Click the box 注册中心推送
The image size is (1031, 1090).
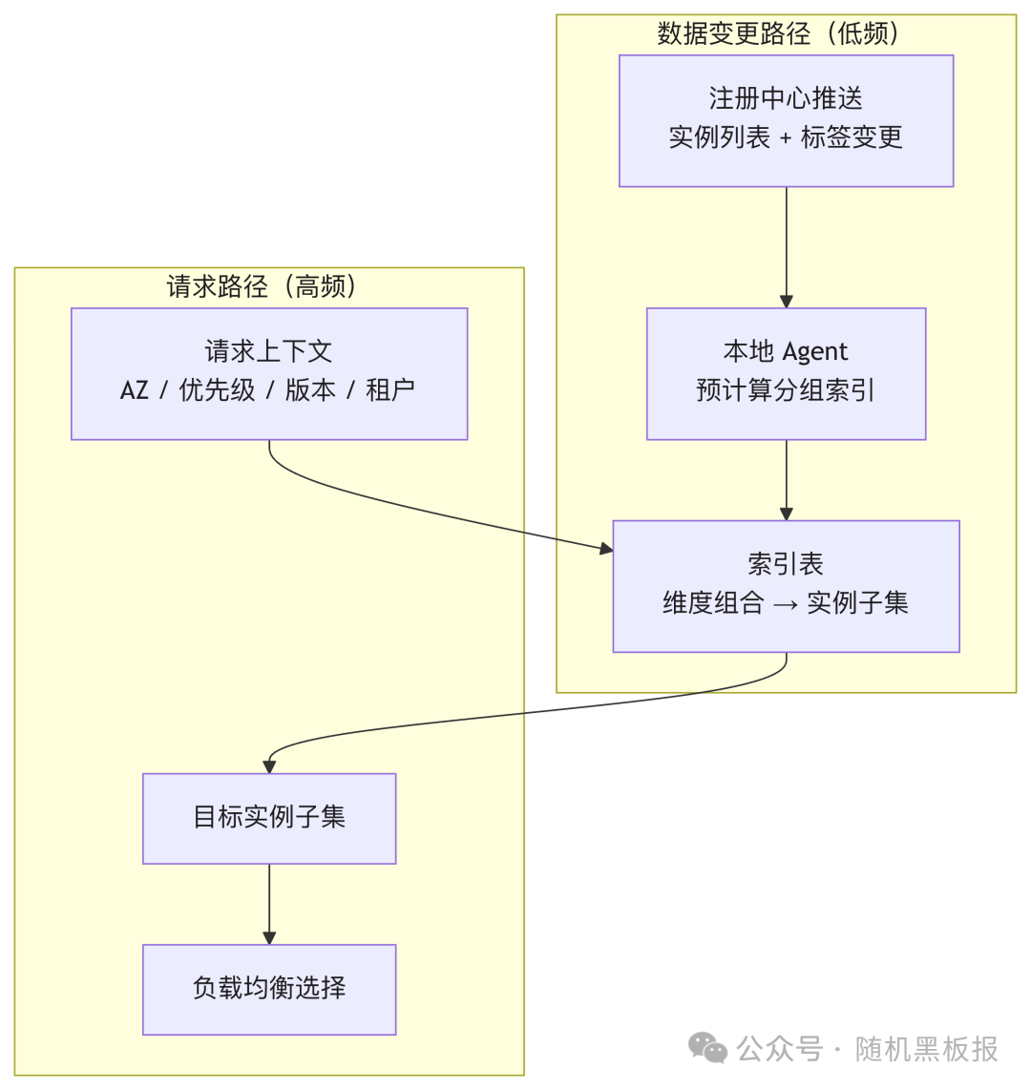tap(786, 120)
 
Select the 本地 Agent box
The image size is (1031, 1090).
tap(786, 373)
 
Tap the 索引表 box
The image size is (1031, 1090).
tap(786, 585)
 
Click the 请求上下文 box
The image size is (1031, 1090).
tap(269, 373)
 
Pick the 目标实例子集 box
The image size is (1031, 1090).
tap(269, 818)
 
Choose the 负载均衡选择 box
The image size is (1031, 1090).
tap(269, 989)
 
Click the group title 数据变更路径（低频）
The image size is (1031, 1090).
tap(778, 33)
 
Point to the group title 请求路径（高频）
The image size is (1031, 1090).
tap(263, 286)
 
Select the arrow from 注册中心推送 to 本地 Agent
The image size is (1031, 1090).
tap(787, 246)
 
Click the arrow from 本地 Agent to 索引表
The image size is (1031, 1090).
tap(787, 479)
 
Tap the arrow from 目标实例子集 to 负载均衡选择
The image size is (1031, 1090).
tap(269, 903)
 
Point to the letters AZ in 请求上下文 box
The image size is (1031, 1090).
tap(135, 390)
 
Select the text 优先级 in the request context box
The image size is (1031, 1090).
tap(218, 390)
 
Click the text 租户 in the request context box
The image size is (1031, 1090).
tap(390, 390)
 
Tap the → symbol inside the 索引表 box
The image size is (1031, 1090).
tap(786, 604)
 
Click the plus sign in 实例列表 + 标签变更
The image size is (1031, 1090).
tap(786, 138)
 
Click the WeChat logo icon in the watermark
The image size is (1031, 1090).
tap(707, 1048)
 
